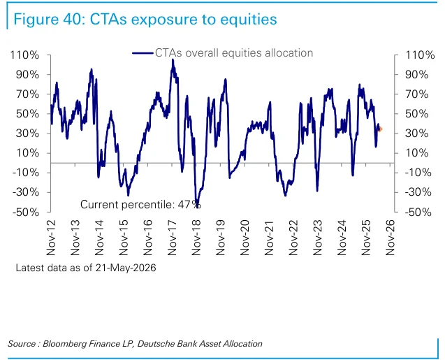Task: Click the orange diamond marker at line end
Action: coord(380,129)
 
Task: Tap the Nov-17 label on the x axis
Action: coord(172,238)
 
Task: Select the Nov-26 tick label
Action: coord(390,238)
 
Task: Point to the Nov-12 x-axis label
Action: coord(51,238)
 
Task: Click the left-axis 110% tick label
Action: coord(24,55)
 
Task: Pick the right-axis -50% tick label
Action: coord(418,212)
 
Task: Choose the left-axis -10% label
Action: coord(26,173)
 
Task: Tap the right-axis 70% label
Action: coord(416,94)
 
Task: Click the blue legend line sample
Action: coord(143,53)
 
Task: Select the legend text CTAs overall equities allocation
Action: coord(234,53)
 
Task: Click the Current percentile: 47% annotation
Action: coord(140,204)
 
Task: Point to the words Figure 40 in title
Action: coord(49,20)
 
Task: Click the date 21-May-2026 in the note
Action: coord(126,268)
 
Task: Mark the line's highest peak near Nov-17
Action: coord(173,59)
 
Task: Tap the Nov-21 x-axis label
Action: coord(269,238)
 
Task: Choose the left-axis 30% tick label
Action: coord(27,134)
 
